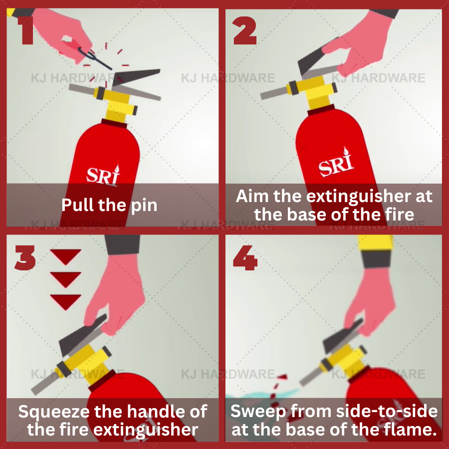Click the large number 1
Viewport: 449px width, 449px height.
pyautogui.click(x=26, y=30)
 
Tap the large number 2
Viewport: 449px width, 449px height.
pyautogui.click(x=245, y=30)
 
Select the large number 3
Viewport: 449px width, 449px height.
pyautogui.click(x=25, y=258)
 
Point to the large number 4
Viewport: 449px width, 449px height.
pyautogui.click(x=245, y=258)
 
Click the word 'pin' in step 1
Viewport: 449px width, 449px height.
pyautogui.click(x=144, y=206)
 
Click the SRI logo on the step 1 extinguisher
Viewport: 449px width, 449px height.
pyautogui.click(x=103, y=175)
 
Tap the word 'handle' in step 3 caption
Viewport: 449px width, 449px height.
pyautogui.click(x=156, y=412)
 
